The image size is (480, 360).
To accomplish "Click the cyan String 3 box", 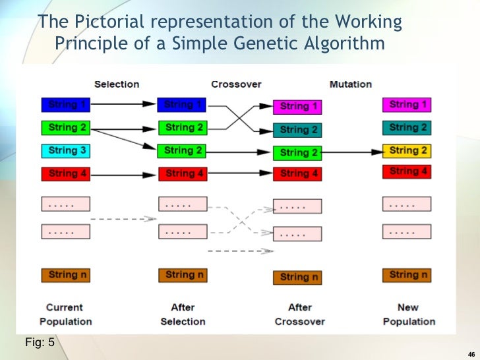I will pos(65,151).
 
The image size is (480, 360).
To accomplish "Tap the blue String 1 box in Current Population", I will pos(65,104).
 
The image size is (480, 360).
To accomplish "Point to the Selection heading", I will pos(117,84).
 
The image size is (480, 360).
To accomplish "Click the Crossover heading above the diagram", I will pos(236,84).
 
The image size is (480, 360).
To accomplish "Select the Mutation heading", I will pos(350,84).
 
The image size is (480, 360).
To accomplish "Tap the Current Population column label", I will pos(65,315).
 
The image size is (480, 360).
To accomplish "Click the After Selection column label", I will pos(183,315).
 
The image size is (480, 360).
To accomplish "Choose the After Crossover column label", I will pos(300,315).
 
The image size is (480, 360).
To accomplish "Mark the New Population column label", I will pos(408,315).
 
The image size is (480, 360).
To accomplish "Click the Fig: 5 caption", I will pos(39,342).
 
